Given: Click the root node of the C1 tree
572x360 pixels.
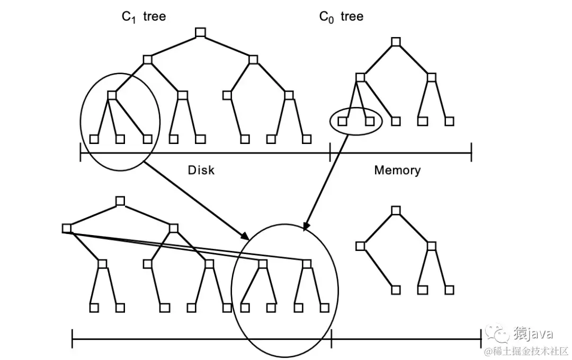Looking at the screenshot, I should tap(200, 33).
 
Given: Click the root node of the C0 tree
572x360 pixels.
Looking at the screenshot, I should tap(395, 42).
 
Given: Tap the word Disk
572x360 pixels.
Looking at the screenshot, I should tap(201, 170).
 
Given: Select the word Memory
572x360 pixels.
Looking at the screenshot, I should tap(397, 170).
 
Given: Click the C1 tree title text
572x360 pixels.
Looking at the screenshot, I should tap(144, 17).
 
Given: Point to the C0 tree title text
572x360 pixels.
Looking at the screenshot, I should tap(341, 17).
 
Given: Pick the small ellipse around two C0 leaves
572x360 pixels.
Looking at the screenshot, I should tap(355, 121).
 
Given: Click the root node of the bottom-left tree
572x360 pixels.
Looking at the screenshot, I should tap(120, 201).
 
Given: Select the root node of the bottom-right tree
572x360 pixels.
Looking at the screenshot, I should tap(395, 210).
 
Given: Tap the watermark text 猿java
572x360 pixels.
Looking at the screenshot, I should tap(532, 334).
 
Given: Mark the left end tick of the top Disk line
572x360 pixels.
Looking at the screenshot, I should tap(81, 154).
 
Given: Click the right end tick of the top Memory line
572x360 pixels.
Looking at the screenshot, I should tap(471, 154).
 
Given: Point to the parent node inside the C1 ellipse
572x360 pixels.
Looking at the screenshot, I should tap(112, 95).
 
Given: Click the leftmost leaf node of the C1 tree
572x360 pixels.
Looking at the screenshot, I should tap(94, 139).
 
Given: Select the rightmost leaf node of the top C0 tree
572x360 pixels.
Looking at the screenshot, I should tap(449, 121).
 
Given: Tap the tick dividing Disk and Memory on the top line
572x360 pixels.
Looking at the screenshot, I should tap(330, 154).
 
